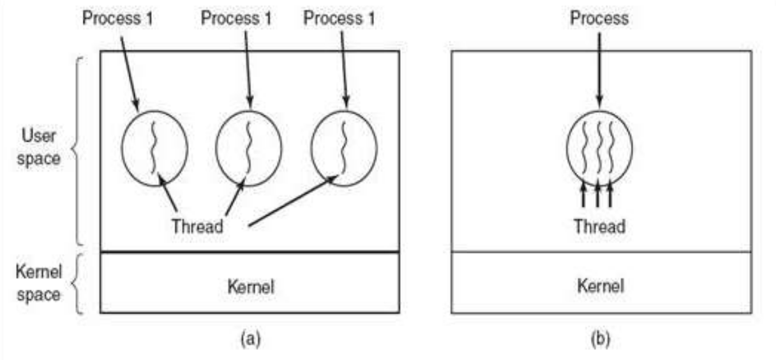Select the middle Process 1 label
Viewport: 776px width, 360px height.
[x=236, y=18]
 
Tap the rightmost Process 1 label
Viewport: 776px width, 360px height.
[x=339, y=18]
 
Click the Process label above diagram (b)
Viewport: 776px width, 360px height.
[x=599, y=18]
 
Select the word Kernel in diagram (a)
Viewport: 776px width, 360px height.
[x=251, y=287]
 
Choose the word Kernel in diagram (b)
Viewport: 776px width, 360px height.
[x=600, y=287]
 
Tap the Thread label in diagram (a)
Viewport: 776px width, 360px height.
[x=197, y=226]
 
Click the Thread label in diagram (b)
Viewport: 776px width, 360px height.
[x=598, y=226]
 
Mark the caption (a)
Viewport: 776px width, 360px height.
[x=250, y=338]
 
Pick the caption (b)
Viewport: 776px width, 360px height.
[x=599, y=338]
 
